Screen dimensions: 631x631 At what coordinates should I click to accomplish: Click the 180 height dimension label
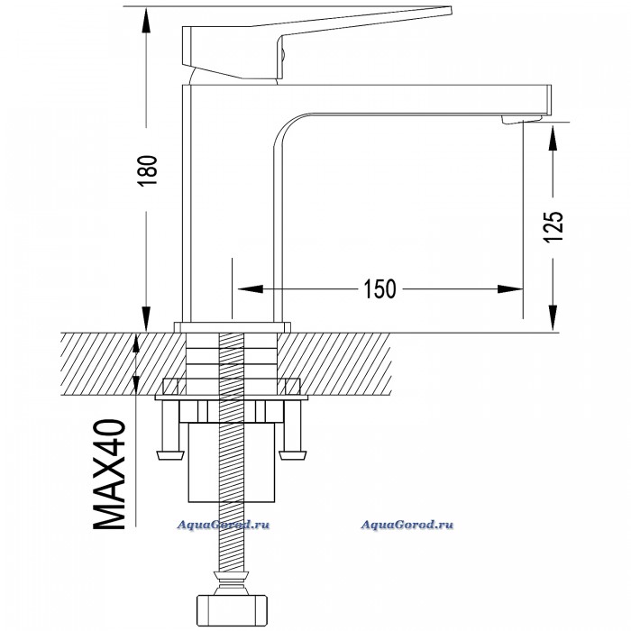(147, 170)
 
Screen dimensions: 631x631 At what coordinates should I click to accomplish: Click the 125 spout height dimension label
(553, 227)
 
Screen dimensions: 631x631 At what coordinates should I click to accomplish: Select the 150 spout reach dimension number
(380, 288)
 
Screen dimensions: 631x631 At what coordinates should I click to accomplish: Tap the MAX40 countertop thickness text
(110, 474)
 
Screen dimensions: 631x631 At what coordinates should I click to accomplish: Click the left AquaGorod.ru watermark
(224, 525)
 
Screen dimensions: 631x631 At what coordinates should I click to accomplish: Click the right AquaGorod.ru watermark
(407, 525)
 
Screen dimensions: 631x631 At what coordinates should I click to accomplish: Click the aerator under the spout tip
(522, 119)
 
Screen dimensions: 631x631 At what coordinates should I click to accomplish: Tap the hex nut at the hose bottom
(232, 608)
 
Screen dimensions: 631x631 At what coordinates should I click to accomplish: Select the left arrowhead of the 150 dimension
(250, 289)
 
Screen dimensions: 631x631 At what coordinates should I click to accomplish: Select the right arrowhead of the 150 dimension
(510, 289)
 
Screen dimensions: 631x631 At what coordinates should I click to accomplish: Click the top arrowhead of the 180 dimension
(146, 20)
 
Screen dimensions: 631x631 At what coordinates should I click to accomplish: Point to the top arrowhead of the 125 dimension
(553, 138)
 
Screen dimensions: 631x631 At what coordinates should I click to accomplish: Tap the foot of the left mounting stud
(169, 455)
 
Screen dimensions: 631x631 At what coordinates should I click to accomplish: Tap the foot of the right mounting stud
(293, 455)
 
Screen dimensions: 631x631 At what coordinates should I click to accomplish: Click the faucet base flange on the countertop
(233, 327)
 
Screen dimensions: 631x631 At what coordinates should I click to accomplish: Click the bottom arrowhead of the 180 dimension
(146, 319)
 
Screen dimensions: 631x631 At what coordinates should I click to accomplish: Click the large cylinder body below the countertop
(232, 462)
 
